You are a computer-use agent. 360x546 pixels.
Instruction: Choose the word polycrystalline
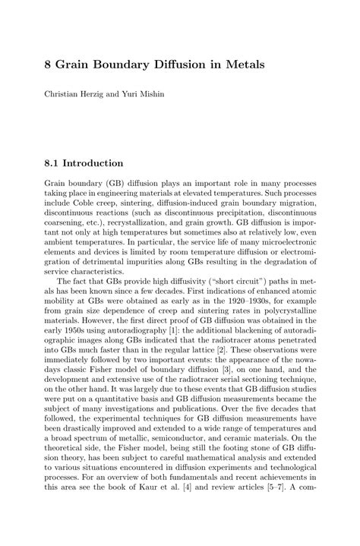point(284,311)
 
